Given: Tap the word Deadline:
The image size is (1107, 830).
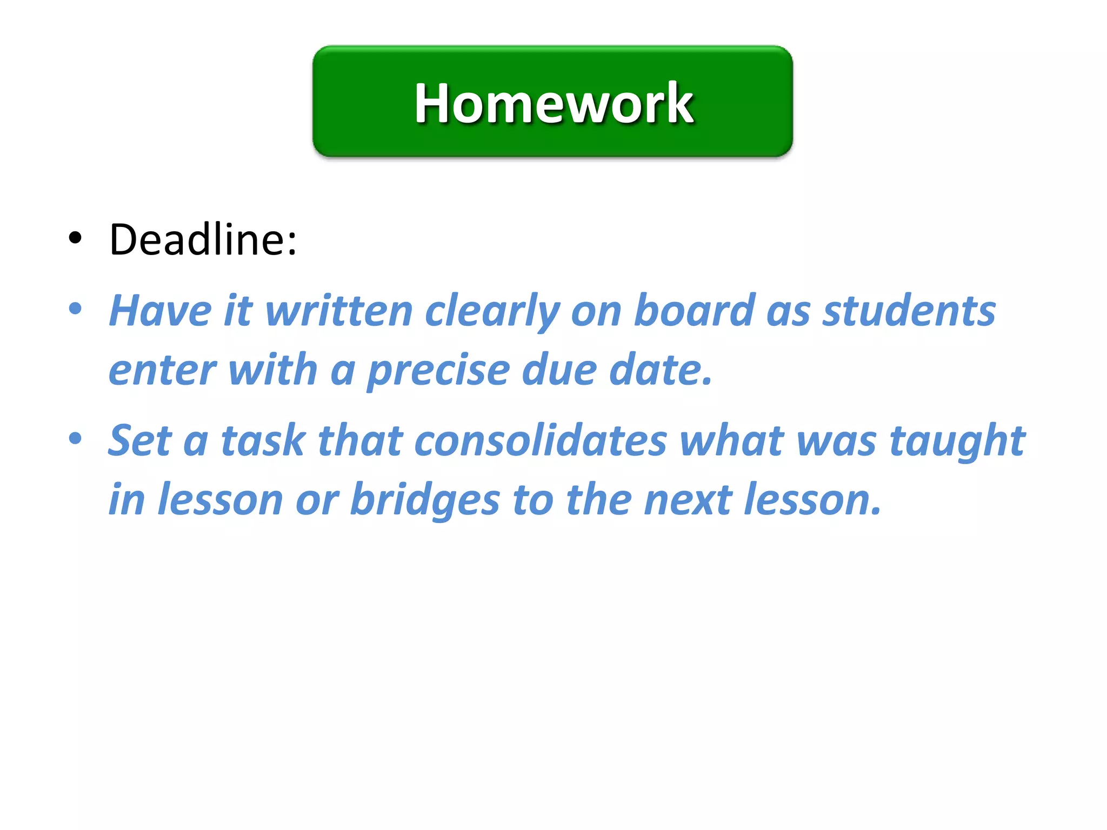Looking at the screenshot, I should pyautogui.click(x=203, y=239).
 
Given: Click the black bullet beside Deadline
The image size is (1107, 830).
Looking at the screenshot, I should pyautogui.click(x=75, y=237).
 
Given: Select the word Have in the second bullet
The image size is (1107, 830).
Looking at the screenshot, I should pyautogui.click(x=161, y=311).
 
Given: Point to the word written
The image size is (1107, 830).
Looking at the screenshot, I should pyautogui.click(x=339, y=311).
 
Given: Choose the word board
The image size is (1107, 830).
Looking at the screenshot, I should pyautogui.click(x=695, y=310).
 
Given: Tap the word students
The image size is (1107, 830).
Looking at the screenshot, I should pyautogui.click(x=909, y=311).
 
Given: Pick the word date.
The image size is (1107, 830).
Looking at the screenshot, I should pyautogui.click(x=661, y=370).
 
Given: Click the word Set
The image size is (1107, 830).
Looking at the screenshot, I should pyautogui.click(x=140, y=440).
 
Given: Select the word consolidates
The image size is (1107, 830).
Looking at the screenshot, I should pyautogui.click(x=541, y=440).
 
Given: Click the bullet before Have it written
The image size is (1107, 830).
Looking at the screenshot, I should pyautogui.click(x=75, y=309).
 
